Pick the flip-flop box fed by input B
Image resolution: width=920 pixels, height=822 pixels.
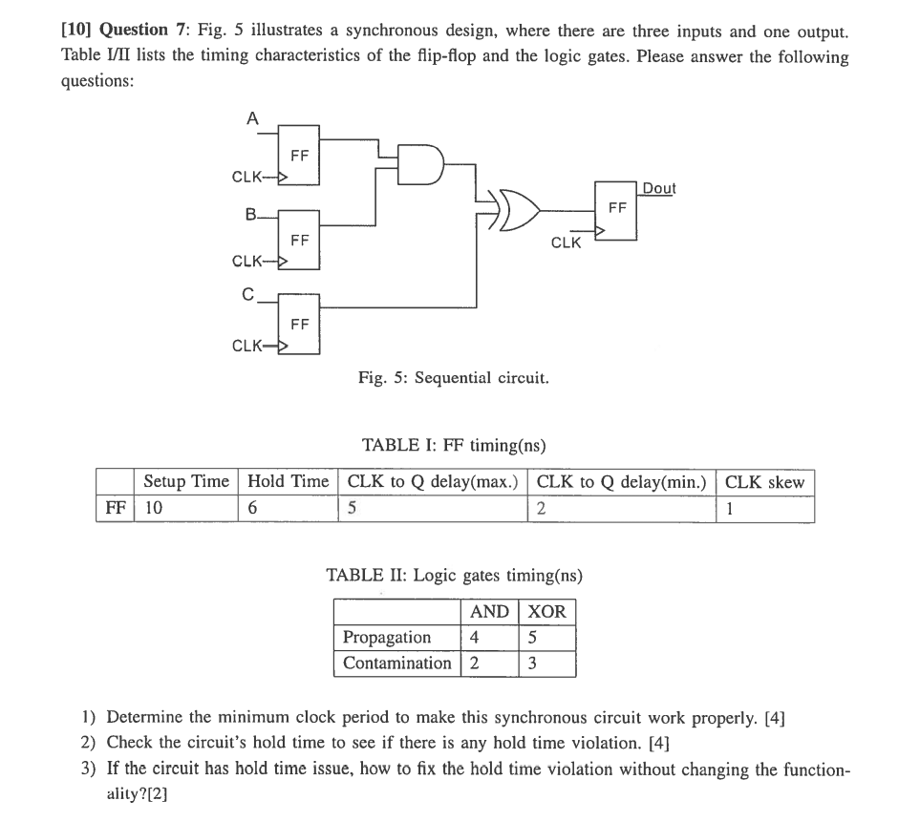(x=299, y=240)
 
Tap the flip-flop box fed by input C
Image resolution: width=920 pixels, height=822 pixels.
(x=299, y=323)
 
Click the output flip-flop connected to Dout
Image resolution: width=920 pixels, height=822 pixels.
(x=617, y=208)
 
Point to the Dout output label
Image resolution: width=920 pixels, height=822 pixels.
(x=658, y=188)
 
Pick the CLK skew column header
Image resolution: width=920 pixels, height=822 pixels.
(x=764, y=482)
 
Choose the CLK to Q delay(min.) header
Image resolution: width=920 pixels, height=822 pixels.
(x=621, y=482)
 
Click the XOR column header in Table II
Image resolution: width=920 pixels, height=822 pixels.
(x=546, y=611)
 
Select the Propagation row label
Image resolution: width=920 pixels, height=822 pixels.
(x=387, y=637)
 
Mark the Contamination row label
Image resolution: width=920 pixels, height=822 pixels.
(x=396, y=663)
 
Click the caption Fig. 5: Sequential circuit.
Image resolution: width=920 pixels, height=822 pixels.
(x=454, y=378)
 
